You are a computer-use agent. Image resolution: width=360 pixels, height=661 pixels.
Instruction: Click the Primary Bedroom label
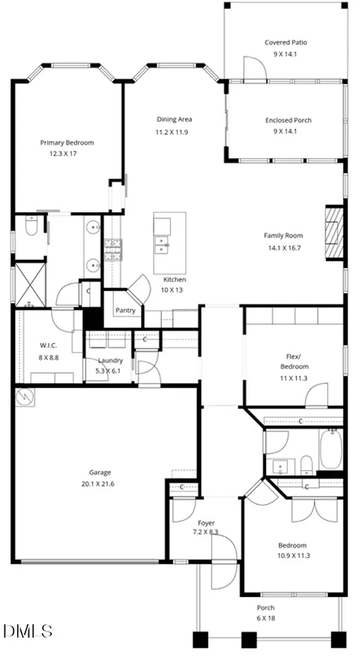(67, 143)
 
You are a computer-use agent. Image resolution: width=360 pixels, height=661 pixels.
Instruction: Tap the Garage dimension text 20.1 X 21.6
(97, 483)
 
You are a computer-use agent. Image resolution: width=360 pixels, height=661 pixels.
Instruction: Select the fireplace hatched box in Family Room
(334, 233)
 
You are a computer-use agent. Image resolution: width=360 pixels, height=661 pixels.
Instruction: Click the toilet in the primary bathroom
(31, 226)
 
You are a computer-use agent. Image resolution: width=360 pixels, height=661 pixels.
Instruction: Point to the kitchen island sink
(162, 245)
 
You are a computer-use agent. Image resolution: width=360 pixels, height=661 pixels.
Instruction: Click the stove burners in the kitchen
(113, 250)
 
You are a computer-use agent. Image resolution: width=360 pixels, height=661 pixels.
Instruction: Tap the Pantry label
(125, 311)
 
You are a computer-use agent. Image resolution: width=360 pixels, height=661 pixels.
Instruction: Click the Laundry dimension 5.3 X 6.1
(110, 371)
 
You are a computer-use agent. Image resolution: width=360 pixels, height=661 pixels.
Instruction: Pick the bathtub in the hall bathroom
(331, 449)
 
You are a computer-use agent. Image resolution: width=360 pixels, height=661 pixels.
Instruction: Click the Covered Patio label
(286, 42)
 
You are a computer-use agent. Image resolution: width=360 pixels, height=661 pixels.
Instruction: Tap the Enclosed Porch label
(288, 120)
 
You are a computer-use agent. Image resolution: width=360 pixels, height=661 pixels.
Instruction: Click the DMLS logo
(28, 631)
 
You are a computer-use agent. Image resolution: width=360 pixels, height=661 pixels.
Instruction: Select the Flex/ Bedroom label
(294, 361)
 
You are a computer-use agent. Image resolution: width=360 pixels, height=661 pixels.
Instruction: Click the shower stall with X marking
(30, 284)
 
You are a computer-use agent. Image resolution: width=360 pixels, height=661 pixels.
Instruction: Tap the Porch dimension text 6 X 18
(266, 618)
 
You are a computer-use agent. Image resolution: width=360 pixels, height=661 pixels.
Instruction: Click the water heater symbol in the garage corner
(25, 396)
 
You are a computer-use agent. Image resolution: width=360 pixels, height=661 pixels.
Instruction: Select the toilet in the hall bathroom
(307, 464)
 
